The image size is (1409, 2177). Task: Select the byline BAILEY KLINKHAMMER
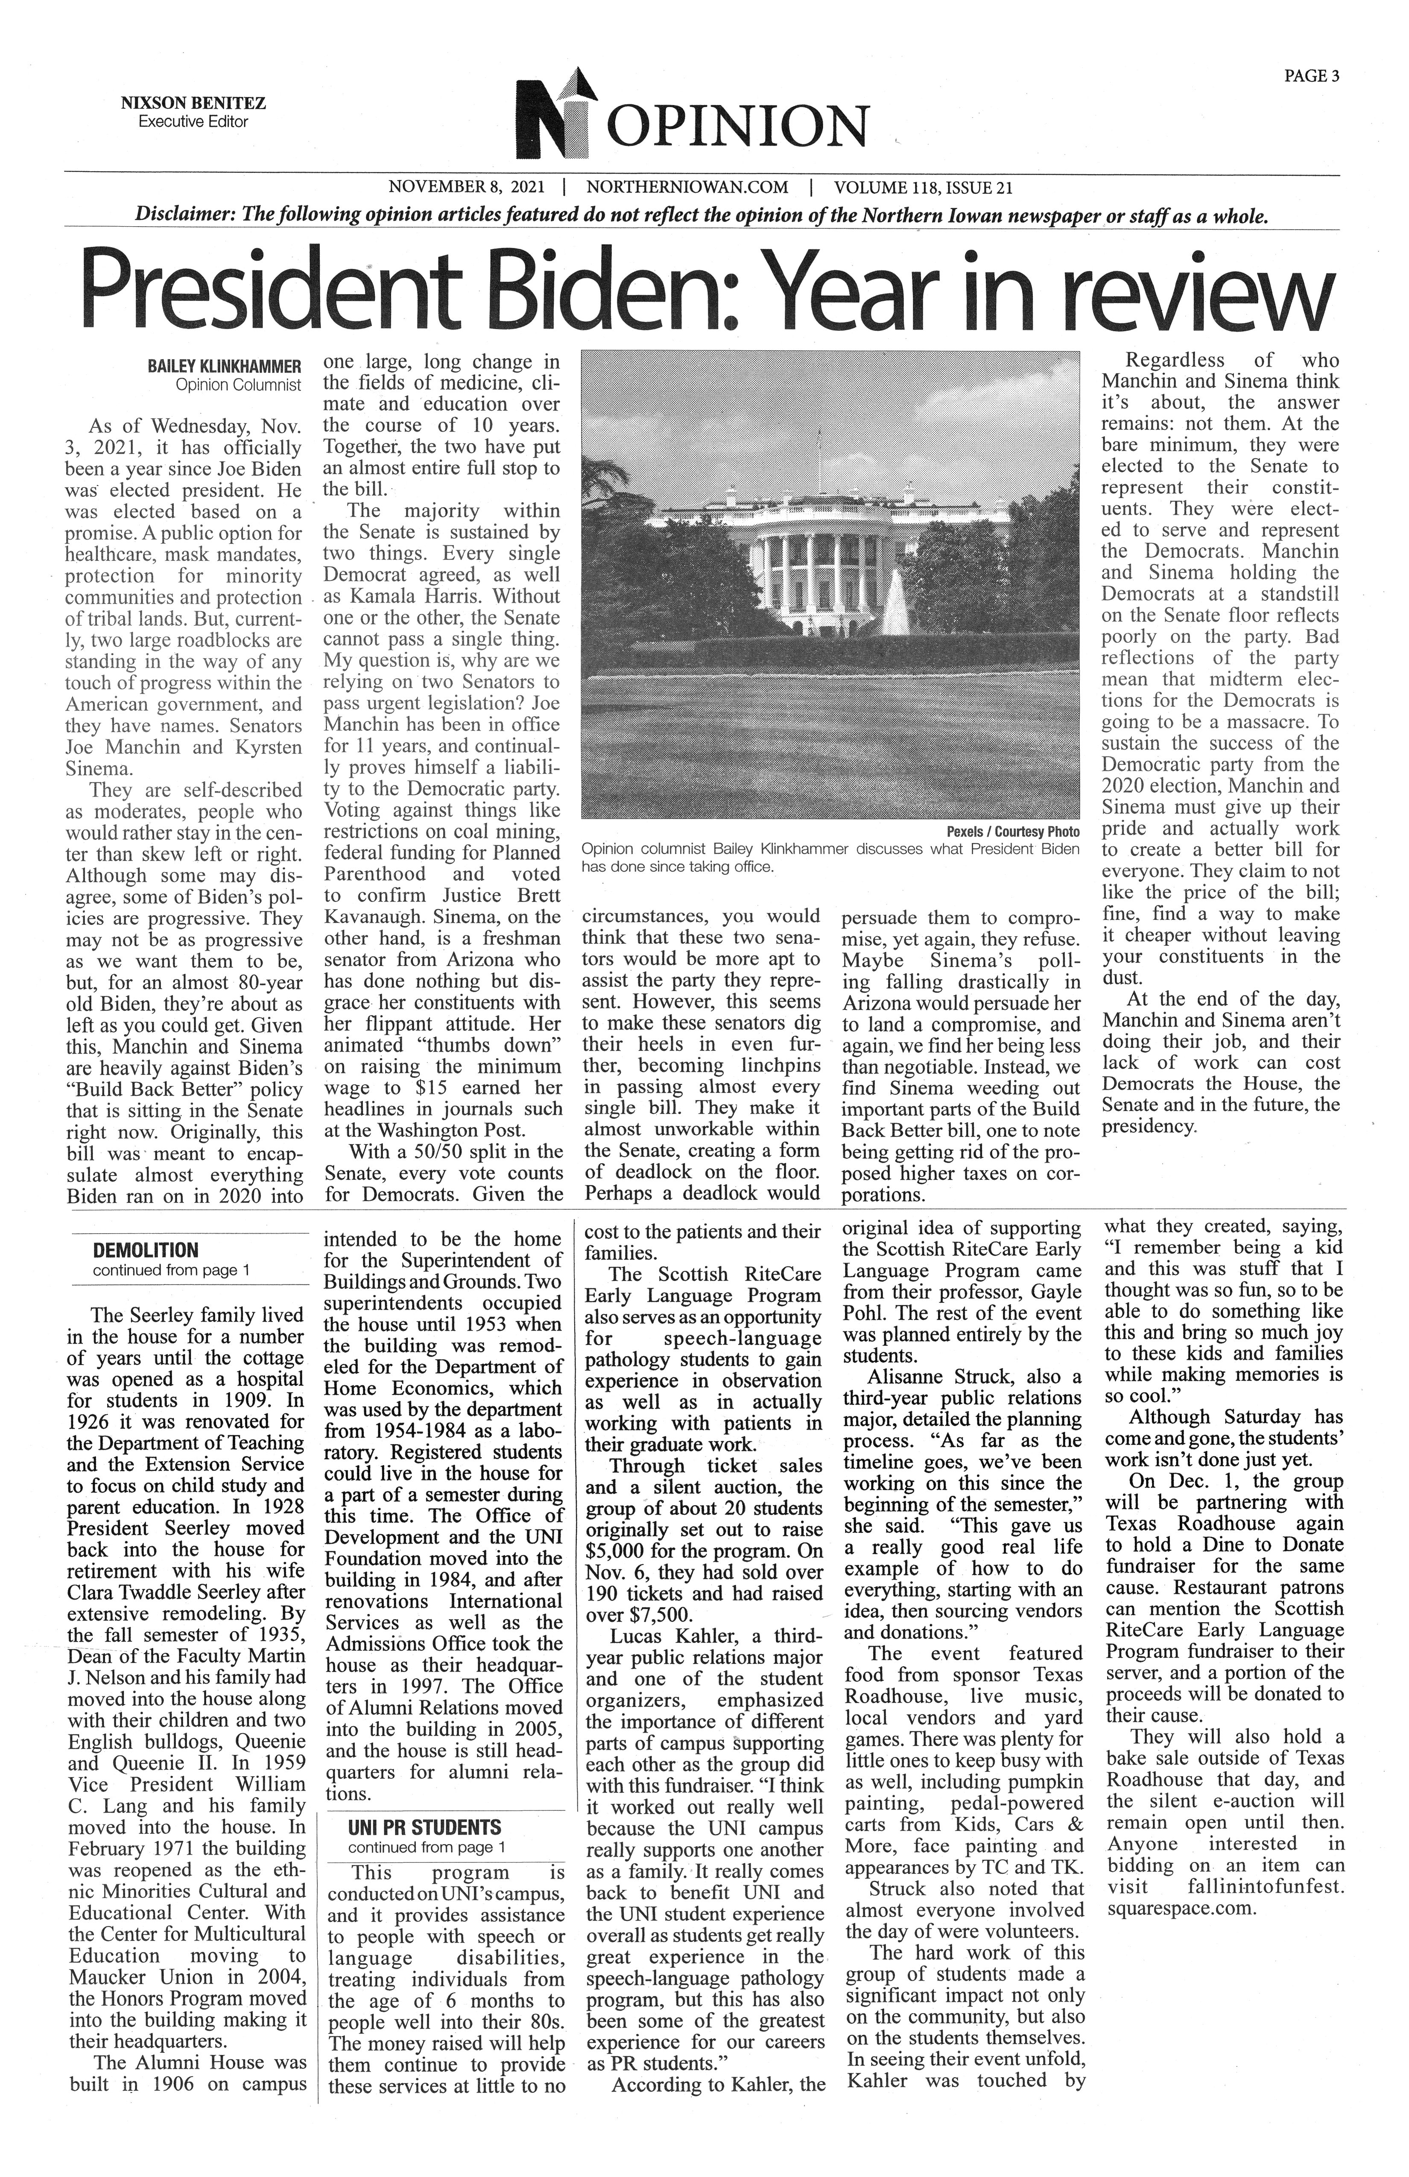224,367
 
